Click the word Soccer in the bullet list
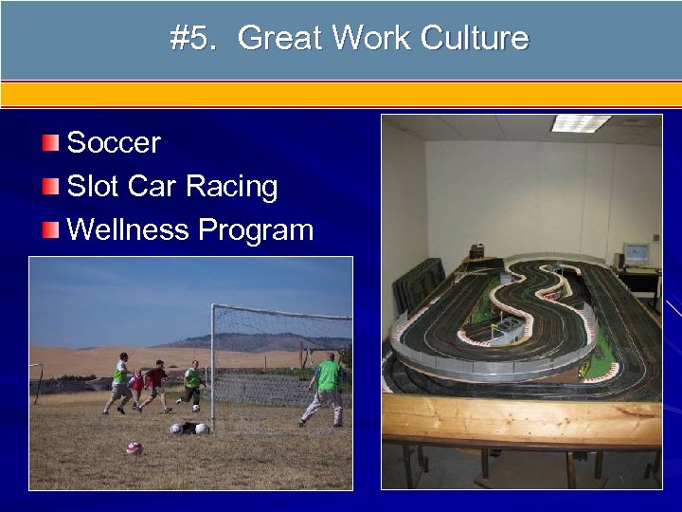(x=114, y=143)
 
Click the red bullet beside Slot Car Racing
(x=50, y=187)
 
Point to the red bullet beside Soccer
(x=50, y=143)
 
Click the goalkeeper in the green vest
(x=327, y=385)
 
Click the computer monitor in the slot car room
(x=635, y=254)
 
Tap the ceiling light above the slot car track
(x=581, y=123)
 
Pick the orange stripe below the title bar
(x=341, y=94)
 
